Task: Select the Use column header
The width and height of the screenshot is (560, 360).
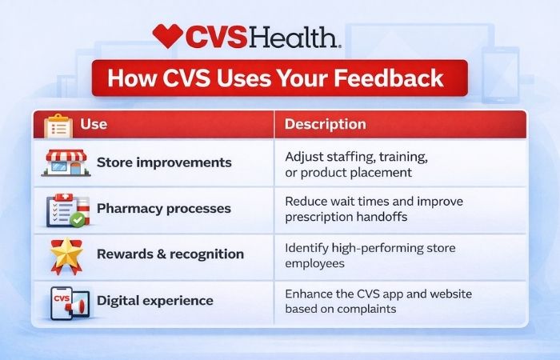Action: pyautogui.click(x=94, y=125)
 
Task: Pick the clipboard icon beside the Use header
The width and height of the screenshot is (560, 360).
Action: pyautogui.click(x=58, y=126)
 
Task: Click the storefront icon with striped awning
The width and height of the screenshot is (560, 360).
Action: pyautogui.click(x=63, y=162)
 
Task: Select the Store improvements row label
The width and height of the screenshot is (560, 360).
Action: pyautogui.click(x=164, y=163)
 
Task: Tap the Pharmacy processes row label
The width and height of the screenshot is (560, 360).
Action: pyautogui.click(x=163, y=209)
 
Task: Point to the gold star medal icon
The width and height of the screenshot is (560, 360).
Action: pyautogui.click(x=66, y=255)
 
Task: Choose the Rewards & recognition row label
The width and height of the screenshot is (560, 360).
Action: pyautogui.click(x=170, y=254)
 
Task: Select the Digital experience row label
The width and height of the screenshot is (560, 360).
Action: pyautogui.click(x=154, y=301)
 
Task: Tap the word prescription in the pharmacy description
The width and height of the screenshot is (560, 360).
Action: pyautogui.click(x=318, y=216)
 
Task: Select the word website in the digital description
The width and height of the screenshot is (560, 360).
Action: pyautogui.click(x=450, y=294)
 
